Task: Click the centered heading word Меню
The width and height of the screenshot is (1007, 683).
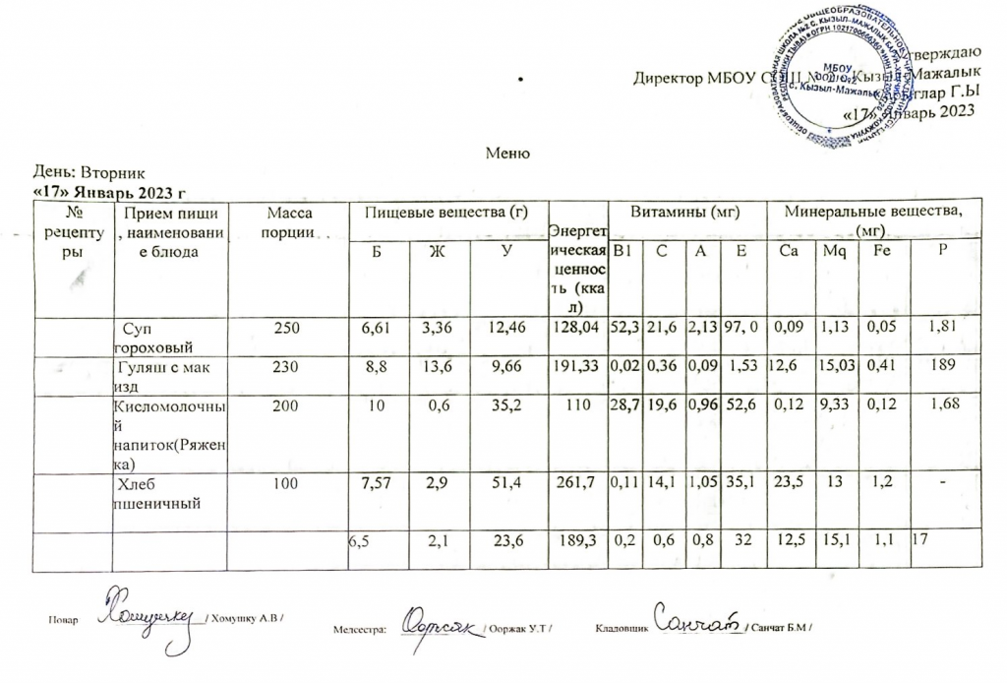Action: pos(508,154)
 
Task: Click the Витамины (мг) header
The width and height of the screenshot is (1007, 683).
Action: pos(685,212)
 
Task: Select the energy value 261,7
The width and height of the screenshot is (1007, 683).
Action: pos(577,484)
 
